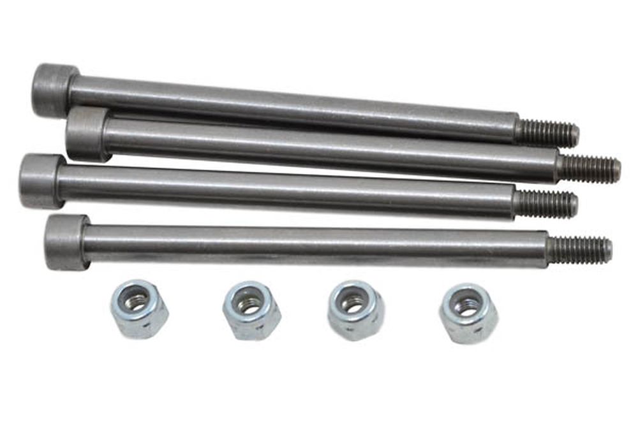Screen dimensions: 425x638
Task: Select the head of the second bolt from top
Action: coord(87,133)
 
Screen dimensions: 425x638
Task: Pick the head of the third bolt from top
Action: coord(41,181)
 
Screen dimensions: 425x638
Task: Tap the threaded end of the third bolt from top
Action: coord(546,205)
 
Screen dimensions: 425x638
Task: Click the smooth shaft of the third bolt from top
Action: coord(287,191)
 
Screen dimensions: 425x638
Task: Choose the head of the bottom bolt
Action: coord(66,241)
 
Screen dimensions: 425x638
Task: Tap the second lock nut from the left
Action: coord(251,310)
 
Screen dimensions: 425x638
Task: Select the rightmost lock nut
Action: coord(468,313)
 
